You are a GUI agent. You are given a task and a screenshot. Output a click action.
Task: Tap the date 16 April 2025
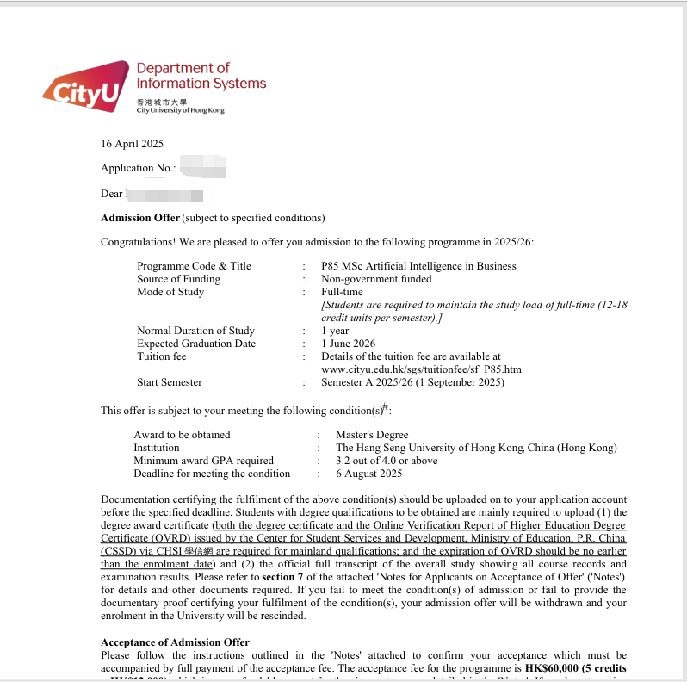click(x=132, y=144)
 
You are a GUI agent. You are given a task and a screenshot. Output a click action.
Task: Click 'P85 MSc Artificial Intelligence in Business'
click(x=418, y=266)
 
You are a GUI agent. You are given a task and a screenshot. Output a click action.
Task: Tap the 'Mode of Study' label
click(x=170, y=292)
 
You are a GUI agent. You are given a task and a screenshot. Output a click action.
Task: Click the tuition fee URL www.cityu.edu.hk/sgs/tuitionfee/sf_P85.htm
click(x=421, y=369)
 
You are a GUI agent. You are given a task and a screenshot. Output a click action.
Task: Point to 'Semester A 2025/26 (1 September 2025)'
click(x=412, y=382)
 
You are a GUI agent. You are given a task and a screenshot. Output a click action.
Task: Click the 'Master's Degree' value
click(x=372, y=435)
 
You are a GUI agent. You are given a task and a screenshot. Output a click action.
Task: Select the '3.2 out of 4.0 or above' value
click(x=387, y=461)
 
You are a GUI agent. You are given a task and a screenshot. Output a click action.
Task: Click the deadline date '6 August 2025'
click(x=369, y=474)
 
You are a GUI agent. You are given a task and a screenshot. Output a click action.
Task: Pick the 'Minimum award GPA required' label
click(x=203, y=461)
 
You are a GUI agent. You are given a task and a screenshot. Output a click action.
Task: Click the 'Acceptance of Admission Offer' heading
click(x=175, y=642)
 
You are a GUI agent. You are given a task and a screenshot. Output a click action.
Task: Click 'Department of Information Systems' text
click(x=201, y=76)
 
